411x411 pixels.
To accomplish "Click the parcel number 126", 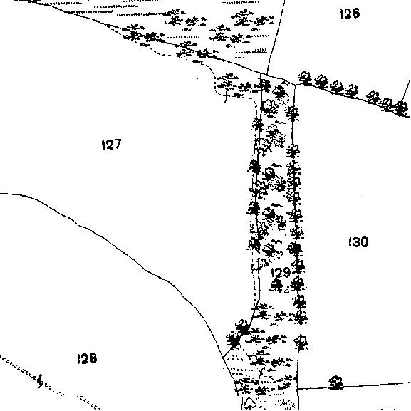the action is click(350, 14).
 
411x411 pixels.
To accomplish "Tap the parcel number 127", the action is click(111, 144).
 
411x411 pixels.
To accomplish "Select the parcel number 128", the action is click(87, 358).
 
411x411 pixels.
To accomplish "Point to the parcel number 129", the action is click(281, 273).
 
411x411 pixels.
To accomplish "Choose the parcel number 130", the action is click(358, 242).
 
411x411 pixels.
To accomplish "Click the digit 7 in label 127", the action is click(117, 144).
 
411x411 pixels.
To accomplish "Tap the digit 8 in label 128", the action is click(93, 358).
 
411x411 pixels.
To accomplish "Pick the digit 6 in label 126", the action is click(355, 14).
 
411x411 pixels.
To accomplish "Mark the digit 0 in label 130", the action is click(364, 242).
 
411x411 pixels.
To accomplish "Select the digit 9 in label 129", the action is click(286, 273).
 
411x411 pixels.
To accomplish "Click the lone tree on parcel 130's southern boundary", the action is click(335, 383).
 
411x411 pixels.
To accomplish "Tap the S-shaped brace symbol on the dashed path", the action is click(41, 381).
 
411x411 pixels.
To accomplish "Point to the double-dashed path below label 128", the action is click(50, 383).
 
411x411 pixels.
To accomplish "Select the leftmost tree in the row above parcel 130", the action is click(305, 78).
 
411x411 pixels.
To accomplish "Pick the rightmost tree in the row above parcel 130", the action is click(401, 108).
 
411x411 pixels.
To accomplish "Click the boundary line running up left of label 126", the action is click(276, 37).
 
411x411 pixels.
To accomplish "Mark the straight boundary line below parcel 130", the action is click(354, 386).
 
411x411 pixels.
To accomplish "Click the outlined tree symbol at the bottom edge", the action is click(249, 404).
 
